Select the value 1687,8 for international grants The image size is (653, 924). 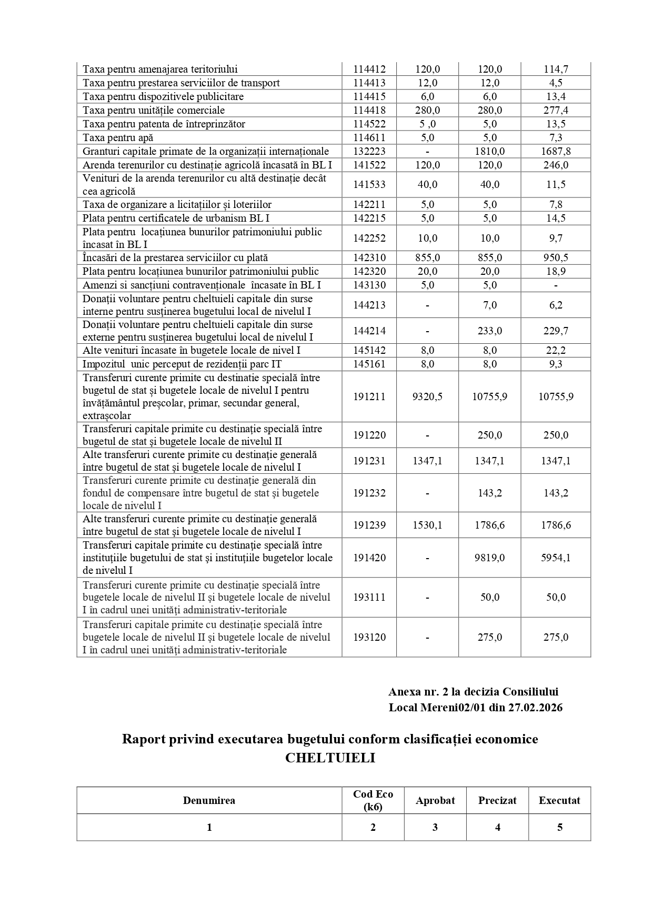coord(556,151)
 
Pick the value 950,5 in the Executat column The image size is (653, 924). coord(556,257)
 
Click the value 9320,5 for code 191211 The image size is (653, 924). coord(427,396)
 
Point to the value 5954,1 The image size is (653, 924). coord(556,558)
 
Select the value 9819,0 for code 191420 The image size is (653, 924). coord(489,558)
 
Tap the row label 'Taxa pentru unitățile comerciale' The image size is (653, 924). coord(154,110)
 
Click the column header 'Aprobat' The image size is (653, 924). coord(435,800)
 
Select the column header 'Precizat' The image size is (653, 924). coord(497,800)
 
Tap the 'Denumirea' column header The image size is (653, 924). coord(209,800)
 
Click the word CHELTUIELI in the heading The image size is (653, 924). coord(330,758)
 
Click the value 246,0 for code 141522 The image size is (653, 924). coord(556,165)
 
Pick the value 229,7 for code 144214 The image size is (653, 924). coord(556,331)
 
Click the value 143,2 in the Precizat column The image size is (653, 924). coord(489,493)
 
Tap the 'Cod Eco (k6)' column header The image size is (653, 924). coord(373,800)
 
